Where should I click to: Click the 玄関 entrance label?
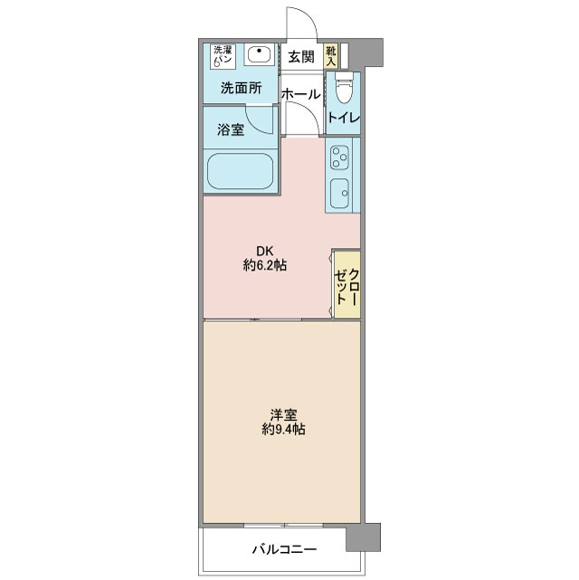[x=301, y=57]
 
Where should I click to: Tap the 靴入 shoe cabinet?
[x=331, y=56]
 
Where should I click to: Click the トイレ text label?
[x=344, y=118]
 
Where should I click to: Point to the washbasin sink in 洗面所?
[x=261, y=54]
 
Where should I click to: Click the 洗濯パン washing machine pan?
[x=223, y=56]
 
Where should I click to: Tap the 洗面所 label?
[x=241, y=88]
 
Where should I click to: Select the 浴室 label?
[x=231, y=129]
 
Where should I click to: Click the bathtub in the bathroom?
[x=241, y=171]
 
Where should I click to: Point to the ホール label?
[x=301, y=94]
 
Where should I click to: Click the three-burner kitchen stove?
[x=339, y=157]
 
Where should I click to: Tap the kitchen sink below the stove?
[x=339, y=193]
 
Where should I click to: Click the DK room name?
[x=265, y=252]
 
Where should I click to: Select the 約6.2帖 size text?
[x=265, y=265]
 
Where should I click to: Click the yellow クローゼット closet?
[x=347, y=284]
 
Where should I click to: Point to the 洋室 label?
[x=283, y=414]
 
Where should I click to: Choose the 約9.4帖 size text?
[x=283, y=429]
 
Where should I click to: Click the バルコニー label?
[x=284, y=549]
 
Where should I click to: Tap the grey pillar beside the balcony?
[x=363, y=537]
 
